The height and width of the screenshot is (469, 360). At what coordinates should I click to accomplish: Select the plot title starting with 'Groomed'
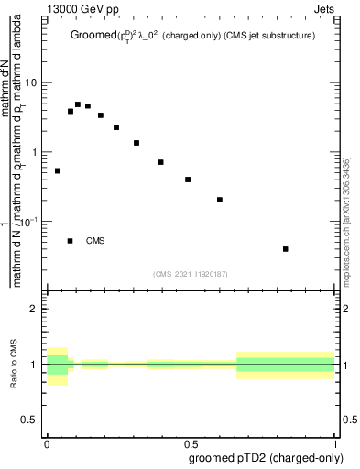point(196,36)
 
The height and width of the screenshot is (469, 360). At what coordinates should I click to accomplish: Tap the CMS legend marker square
point(71,241)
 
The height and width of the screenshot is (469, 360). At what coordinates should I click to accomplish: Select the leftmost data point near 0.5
point(58,170)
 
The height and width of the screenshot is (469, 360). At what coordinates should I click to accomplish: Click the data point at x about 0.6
point(220,200)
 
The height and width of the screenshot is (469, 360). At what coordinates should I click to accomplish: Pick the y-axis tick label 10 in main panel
point(30,82)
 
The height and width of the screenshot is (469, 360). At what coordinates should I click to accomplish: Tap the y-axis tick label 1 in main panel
point(34,152)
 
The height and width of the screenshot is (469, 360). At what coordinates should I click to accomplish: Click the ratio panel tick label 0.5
point(30,420)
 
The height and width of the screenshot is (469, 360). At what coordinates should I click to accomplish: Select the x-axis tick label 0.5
point(191,442)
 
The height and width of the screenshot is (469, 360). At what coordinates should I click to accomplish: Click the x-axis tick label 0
point(46,442)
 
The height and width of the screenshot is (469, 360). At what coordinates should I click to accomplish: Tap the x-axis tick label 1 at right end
point(335,442)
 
